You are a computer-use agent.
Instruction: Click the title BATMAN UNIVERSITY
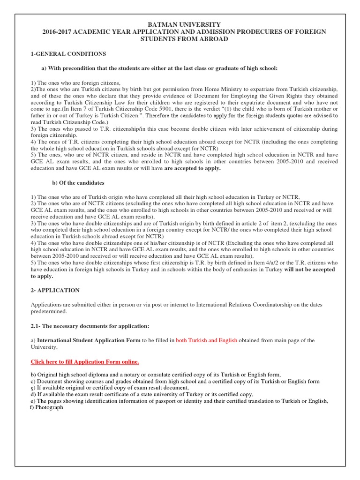point(180,24)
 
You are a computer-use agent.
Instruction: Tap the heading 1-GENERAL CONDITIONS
point(68,54)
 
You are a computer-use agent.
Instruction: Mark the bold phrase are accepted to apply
point(192,168)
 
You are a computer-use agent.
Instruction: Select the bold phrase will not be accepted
point(309,270)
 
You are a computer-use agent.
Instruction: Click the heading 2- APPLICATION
point(55,291)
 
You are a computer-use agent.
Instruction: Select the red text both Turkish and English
point(207,340)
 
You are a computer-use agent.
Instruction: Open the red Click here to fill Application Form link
point(85,362)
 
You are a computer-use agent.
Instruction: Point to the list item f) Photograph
point(46,407)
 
